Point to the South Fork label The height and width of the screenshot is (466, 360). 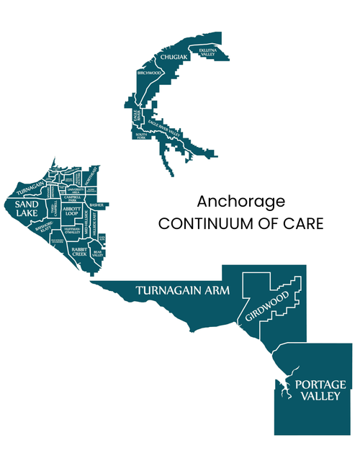(141, 135)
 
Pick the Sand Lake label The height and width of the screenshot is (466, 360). (27, 210)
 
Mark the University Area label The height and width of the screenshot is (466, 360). (77, 190)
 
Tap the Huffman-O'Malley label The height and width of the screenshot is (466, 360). (71, 230)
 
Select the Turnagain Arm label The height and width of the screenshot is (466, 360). (182, 291)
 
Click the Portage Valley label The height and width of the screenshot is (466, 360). (315, 390)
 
